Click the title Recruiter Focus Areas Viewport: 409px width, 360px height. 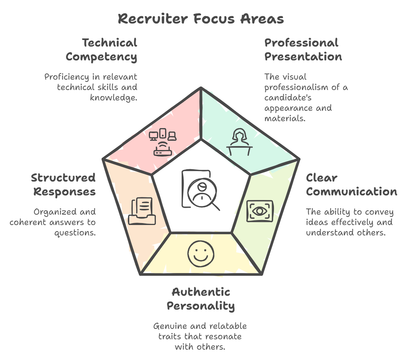(200, 18)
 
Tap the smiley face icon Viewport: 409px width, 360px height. (201, 254)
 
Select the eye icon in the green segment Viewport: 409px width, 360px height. (259, 211)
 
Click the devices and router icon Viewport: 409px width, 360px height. (163, 142)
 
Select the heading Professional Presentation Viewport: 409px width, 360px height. (303, 50)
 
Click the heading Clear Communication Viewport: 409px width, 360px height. (351, 185)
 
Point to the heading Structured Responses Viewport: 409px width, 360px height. (63, 185)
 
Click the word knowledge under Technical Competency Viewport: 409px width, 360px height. (114, 97)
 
